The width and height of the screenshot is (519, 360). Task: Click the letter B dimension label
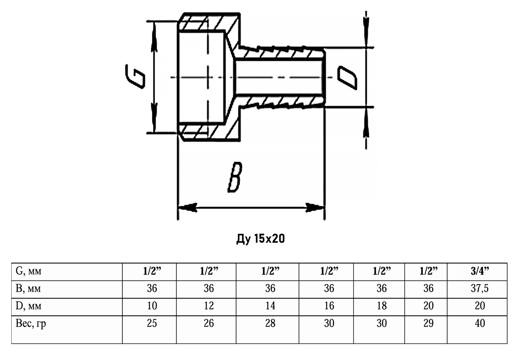(234, 177)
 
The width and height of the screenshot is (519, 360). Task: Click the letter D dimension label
(347, 77)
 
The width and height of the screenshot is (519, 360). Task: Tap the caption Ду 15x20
(259, 238)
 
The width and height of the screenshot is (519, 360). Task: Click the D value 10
(152, 306)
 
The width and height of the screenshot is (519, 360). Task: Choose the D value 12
(209, 306)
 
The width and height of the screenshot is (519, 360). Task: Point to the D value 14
(270, 306)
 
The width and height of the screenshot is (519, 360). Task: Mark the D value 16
(329, 306)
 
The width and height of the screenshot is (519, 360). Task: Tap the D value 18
(381, 306)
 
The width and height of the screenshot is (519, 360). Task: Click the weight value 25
(152, 323)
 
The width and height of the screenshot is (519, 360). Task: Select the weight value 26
(209, 323)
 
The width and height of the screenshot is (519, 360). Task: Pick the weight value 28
(270, 323)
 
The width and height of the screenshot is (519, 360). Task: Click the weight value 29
(428, 323)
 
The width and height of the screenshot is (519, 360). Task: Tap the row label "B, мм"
(29, 289)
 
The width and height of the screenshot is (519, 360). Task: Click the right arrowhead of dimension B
(317, 208)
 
